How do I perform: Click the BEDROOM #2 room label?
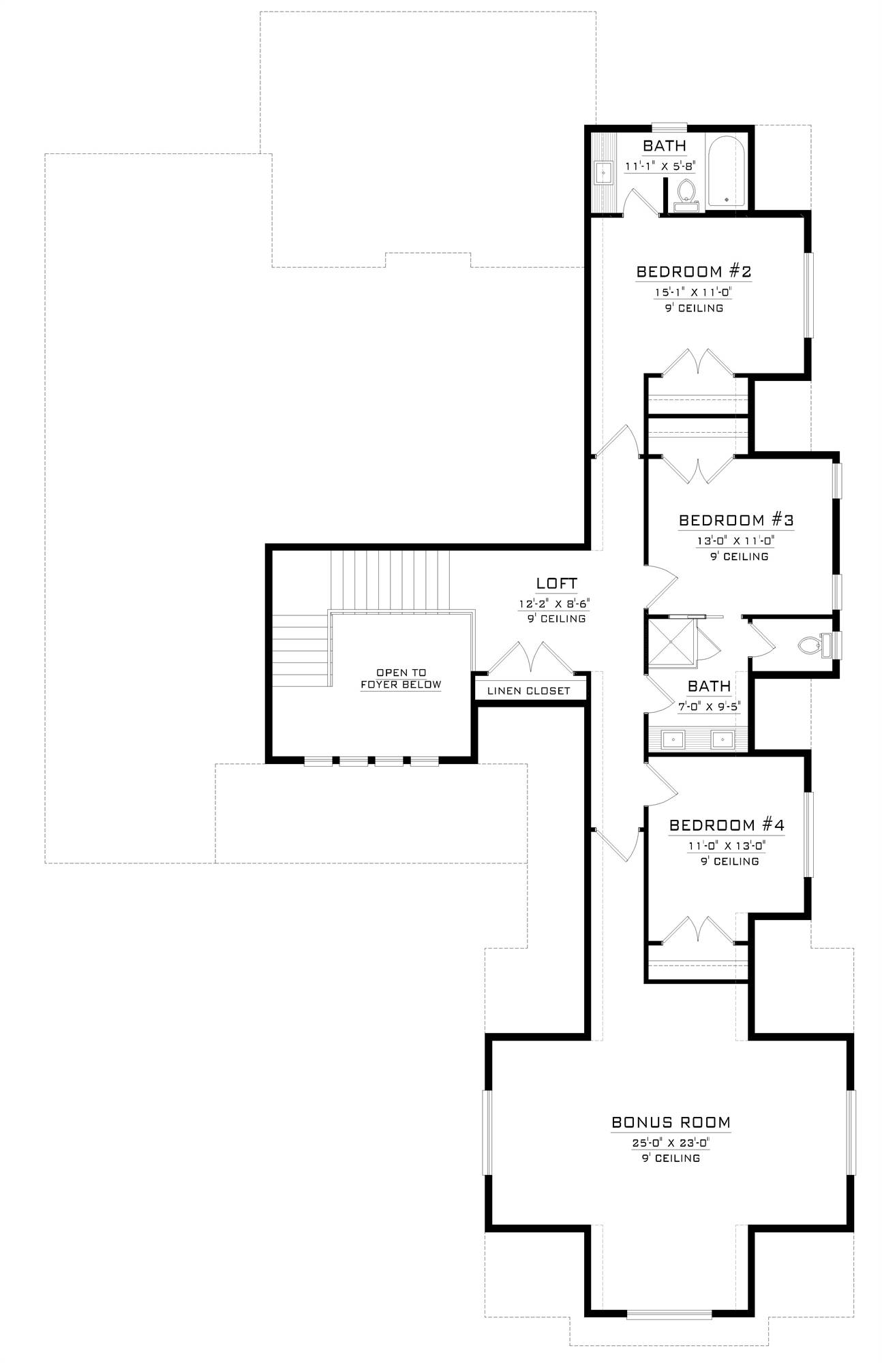[x=693, y=272]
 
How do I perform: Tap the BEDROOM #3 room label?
[x=736, y=521]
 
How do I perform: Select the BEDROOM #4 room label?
[x=727, y=825]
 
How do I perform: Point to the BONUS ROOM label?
[x=671, y=1122]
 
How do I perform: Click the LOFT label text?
[x=556, y=583]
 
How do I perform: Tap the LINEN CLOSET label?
[x=528, y=690]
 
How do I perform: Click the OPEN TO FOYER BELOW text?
[x=401, y=679]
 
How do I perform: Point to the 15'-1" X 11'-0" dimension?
[x=693, y=292]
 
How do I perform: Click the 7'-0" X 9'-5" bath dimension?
[x=709, y=706]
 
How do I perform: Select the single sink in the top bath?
[x=603, y=173]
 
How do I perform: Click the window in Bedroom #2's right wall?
[x=808, y=295]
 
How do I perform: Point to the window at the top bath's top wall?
[x=669, y=126]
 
